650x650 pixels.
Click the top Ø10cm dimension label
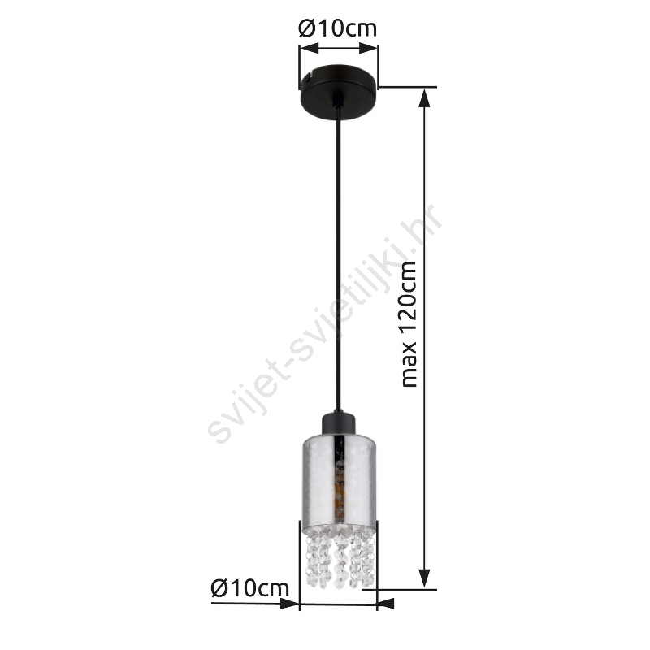[337, 28]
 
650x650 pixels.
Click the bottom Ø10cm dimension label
[250, 587]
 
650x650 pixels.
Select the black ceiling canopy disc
[339, 92]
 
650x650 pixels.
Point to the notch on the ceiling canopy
[308, 76]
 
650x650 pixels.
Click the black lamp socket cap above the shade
[339, 423]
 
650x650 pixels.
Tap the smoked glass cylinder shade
[339, 482]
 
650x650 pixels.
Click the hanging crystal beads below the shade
[340, 557]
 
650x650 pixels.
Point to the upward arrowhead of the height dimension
[423, 97]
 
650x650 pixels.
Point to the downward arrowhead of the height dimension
[423, 578]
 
